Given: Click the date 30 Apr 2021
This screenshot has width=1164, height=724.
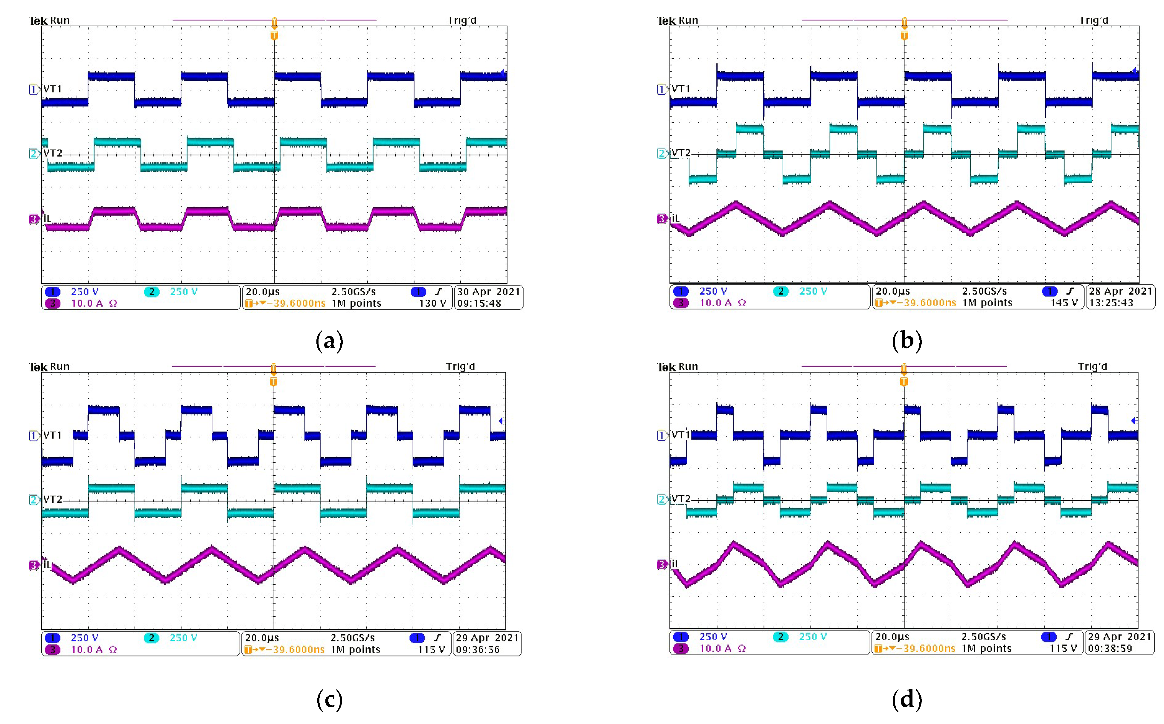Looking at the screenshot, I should click(x=488, y=292).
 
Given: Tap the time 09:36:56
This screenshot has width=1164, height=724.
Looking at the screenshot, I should click(x=478, y=650).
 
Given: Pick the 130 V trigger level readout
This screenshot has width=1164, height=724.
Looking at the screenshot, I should click(x=432, y=303).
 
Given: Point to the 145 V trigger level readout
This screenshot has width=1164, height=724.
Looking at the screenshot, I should click(x=1064, y=303).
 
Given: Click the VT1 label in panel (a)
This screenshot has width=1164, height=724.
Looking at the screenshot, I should click(x=52, y=89).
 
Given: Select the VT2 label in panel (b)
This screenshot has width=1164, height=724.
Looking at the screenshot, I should click(x=681, y=153).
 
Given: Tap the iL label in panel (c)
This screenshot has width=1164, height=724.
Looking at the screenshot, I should click(x=47, y=565).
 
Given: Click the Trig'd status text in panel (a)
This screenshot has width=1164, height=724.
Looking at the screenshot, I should click(x=461, y=20).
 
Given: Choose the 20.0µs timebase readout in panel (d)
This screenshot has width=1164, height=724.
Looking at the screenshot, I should click(x=892, y=637).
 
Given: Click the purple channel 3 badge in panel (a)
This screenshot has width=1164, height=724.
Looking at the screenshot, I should click(x=53, y=303).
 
